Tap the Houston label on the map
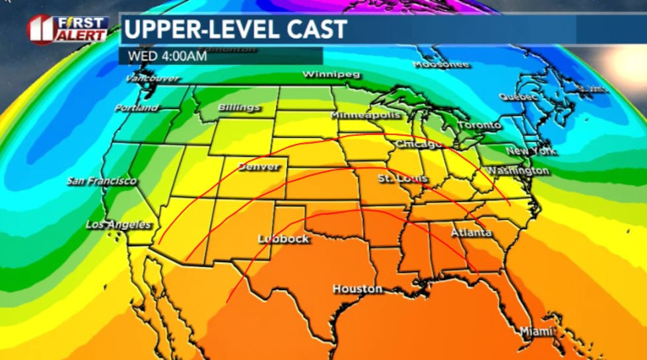[x=357, y=289]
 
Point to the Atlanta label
[x=471, y=233]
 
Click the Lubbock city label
[x=283, y=238]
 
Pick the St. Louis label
[x=403, y=179]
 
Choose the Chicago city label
[x=419, y=144]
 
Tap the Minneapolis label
[x=364, y=116]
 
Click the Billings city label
[x=239, y=108]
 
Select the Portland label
[x=136, y=107]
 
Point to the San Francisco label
[x=102, y=181]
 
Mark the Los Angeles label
[x=118, y=225]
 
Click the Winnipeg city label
[x=331, y=75]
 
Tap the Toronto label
[x=479, y=125]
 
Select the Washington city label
[x=518, y=171]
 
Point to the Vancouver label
[x=152, y=78]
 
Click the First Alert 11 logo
[x=67, y=29]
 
